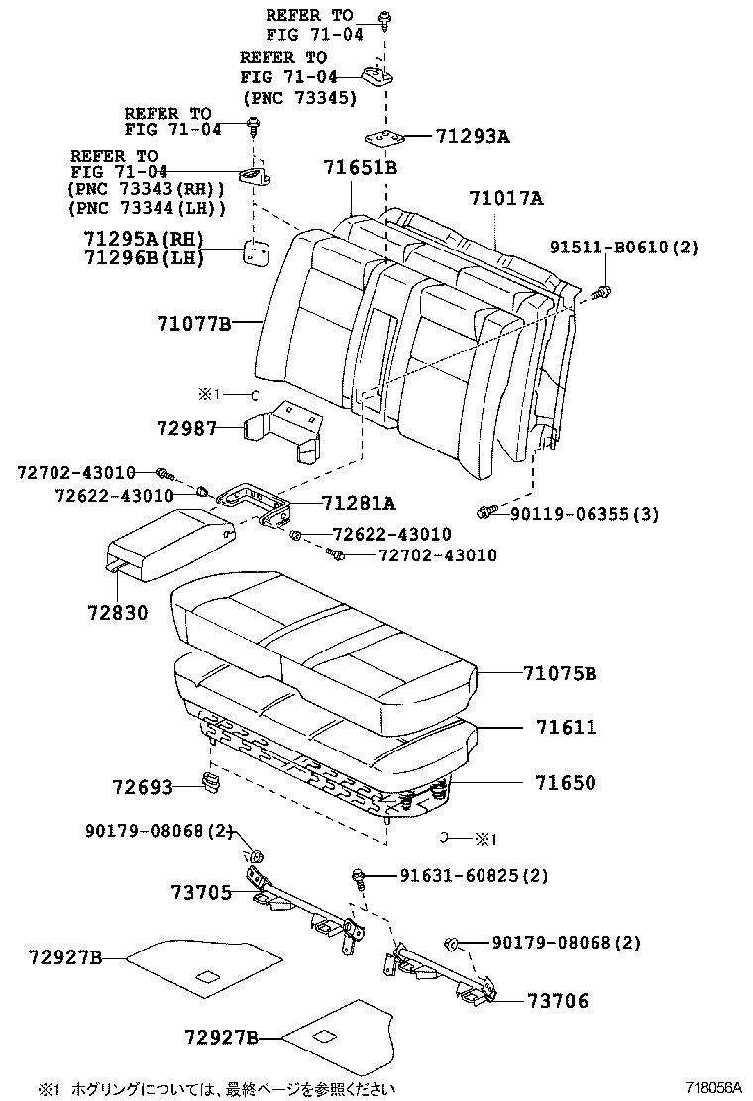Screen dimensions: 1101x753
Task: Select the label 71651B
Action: click(360, 168)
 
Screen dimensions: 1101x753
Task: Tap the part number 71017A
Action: click(505, 199)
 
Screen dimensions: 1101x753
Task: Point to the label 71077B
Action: click(193, 323)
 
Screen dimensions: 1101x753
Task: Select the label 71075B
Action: click(560, 674)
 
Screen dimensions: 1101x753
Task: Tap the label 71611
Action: click(566, 727)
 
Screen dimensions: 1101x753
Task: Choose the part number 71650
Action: click(566, 782)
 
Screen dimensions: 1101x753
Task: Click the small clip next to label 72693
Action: click(210, 784)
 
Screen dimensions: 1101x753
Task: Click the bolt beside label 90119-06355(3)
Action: click(485, 512)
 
